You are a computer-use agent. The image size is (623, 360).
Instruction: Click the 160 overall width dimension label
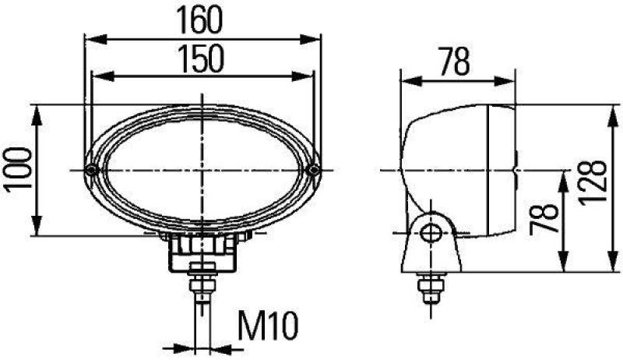pos(202,19)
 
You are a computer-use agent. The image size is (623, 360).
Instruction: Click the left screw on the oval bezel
pos(92,170)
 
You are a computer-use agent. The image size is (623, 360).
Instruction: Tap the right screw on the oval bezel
pos(313,170)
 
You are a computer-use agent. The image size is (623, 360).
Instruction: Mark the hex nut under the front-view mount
pos(202,282)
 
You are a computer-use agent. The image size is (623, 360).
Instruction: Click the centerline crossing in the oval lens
pos(202,170)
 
